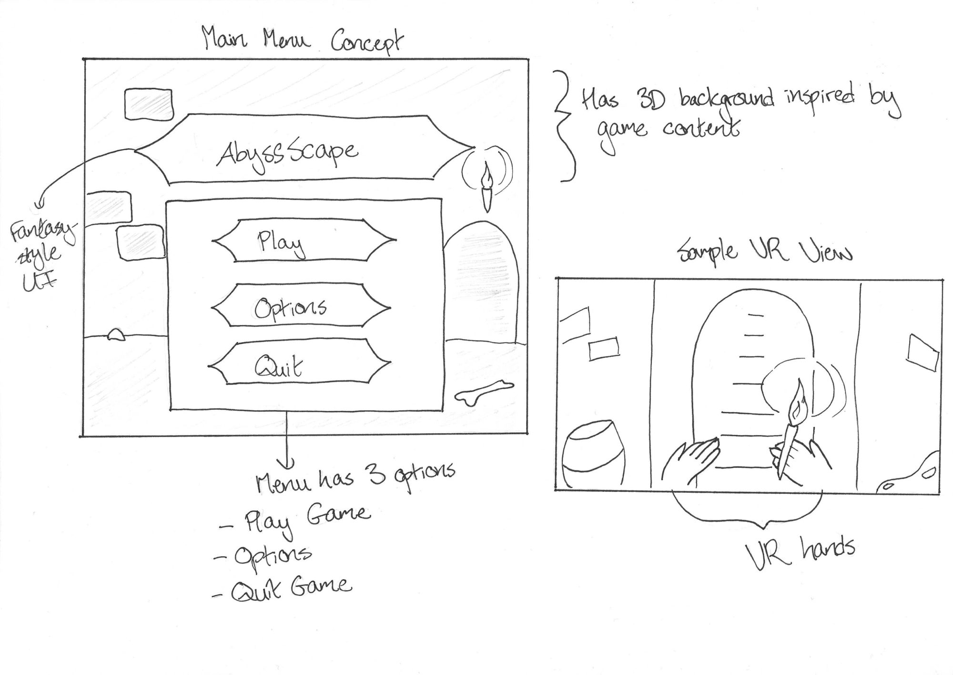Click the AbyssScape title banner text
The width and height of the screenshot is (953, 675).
[x=288, y=152]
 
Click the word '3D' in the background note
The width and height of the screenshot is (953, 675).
[x=649, y=100]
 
